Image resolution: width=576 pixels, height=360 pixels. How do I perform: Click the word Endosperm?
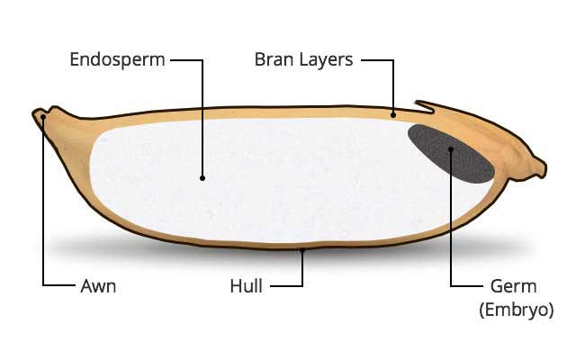[x=116, y=61]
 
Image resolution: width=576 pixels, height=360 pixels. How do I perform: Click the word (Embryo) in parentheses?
[x=514, y=310]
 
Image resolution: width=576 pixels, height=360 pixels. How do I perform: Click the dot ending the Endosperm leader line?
[x=202, y=178]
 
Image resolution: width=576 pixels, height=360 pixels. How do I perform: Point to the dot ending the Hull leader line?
[x=303, y=253]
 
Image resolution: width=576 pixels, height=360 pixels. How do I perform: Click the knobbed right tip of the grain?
[x=539, y=166]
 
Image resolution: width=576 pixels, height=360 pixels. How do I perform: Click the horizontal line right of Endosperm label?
[x=185, y=61]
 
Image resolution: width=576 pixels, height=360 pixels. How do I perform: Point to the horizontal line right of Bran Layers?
[x=377, y=61]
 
